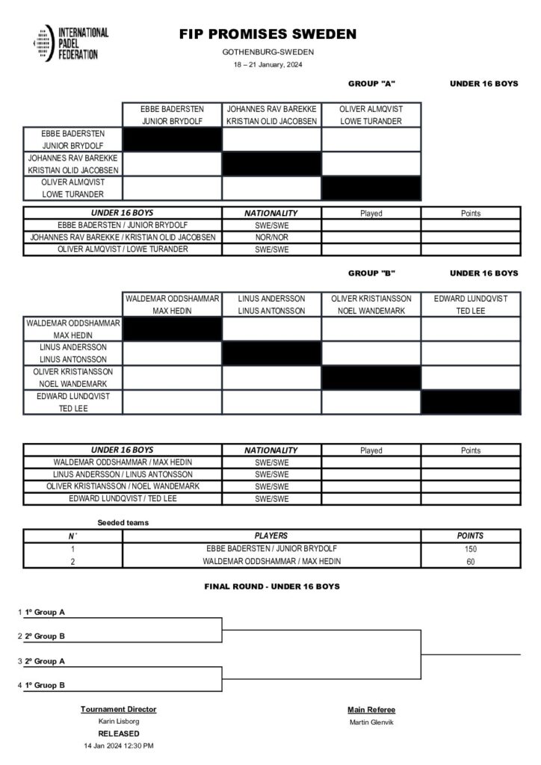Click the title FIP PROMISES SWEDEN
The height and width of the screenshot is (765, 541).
(x=268, y=34)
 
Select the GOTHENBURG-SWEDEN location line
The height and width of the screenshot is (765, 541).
(x=268, y=52)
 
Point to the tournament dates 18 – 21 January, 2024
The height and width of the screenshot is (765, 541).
(x=268, y=64)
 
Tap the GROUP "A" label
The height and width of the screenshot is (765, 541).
(x=371, y=84)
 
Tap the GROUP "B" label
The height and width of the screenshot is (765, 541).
(x=371, y=273)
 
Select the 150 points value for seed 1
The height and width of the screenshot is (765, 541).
(x=470, y=548)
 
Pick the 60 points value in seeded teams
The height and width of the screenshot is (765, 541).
(x=470, y=561)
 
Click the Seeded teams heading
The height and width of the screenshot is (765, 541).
(x=123, y=523)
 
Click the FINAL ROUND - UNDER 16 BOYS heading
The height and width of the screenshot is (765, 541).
(x=272, y=586)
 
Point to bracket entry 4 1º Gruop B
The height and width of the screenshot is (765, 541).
(x=44, y=685)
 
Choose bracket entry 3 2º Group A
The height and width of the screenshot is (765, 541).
(x=44, y=661)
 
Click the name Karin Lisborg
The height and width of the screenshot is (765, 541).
(x=119, y=722)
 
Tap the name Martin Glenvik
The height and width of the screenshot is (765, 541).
(x=371, y=722)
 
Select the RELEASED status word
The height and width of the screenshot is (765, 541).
(x=119, y=734)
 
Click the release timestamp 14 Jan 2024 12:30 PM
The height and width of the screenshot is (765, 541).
(x=119, y=746)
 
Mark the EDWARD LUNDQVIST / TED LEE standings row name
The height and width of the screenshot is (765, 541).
(x=123, y=498)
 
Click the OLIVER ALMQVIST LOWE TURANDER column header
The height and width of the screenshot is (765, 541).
(x=371, y=115)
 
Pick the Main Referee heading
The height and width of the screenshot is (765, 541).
(x=371, y=710)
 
